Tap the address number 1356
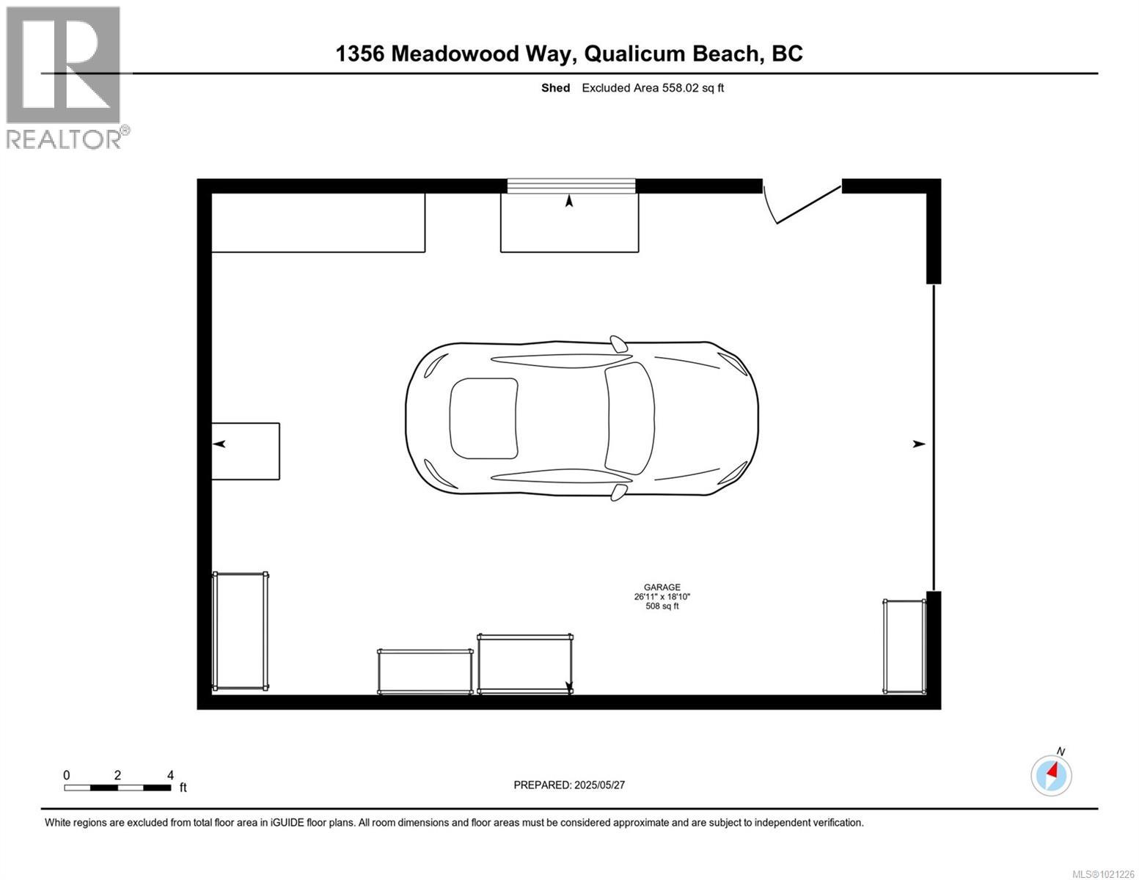pyautogui.click(x=360, y=54)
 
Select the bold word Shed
pyautogui.click(x=555, y=88)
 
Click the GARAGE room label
pyautogui.click(x=662, y=587)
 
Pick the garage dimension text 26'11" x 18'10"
pyautogui.click(x=662, y=597)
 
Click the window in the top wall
pyautogui.click(x=571, y=186)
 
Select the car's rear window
pyautogui.click(x=483, y=418)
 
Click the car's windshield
pyautogui.click(x=629, y=418)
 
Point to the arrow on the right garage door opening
pyautogui.click(x=918, y=444)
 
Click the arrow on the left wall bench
pyautogui.click(x=219, y=444)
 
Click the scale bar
pyautogui.click(x=117, y=788)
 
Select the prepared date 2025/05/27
pyautogui.click(x=598, y=785)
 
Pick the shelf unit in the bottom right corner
pyautogui.click(x=904, y=646)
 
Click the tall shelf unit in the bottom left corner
pyautogui.click(x=240, y=631)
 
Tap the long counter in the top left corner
pyautogui.click(x=318, y=222)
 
